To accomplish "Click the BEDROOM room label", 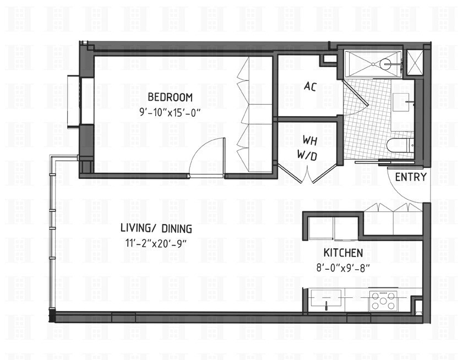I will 170,97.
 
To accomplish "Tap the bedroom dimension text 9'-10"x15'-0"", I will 170,112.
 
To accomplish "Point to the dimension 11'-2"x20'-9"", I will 156,243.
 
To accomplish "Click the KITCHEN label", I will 342,253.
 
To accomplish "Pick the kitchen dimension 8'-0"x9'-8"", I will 342,268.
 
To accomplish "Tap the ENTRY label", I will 410,177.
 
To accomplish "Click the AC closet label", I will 309,86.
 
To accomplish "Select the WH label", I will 306,141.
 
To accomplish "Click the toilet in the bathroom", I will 399,145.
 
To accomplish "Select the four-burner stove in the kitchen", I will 383,301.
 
